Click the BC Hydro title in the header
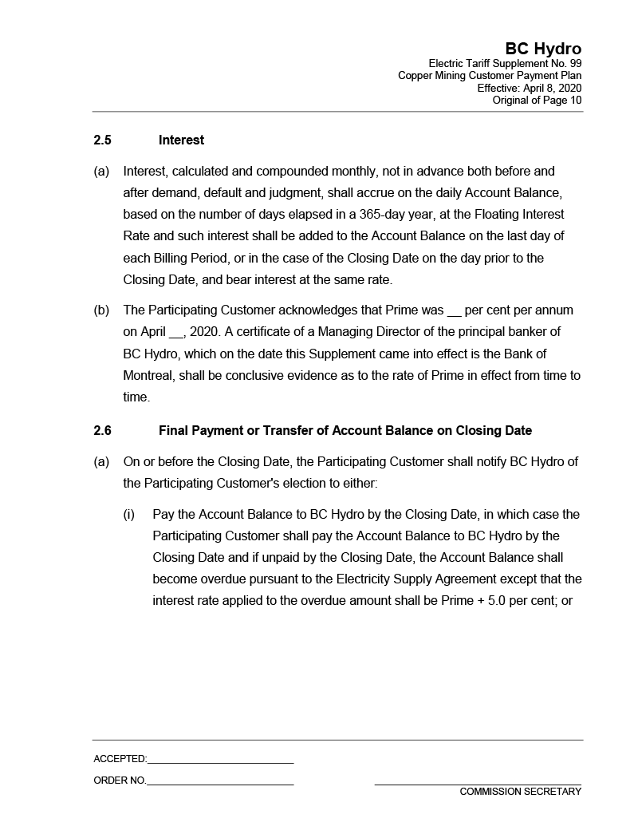coord(543,49)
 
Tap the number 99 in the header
coord(574,63)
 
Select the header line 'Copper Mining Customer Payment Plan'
coord(490,76)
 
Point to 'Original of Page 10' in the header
coord(537,100)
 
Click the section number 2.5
coord(102,140)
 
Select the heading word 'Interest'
coord(181,140)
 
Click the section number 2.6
coord(102,431)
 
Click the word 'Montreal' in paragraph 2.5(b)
coord(148,375)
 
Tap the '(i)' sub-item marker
coord(129,515)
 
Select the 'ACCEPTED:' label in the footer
coord(120,759)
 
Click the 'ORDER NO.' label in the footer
coord(120,781)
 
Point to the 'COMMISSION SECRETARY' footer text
coord(520,792)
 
